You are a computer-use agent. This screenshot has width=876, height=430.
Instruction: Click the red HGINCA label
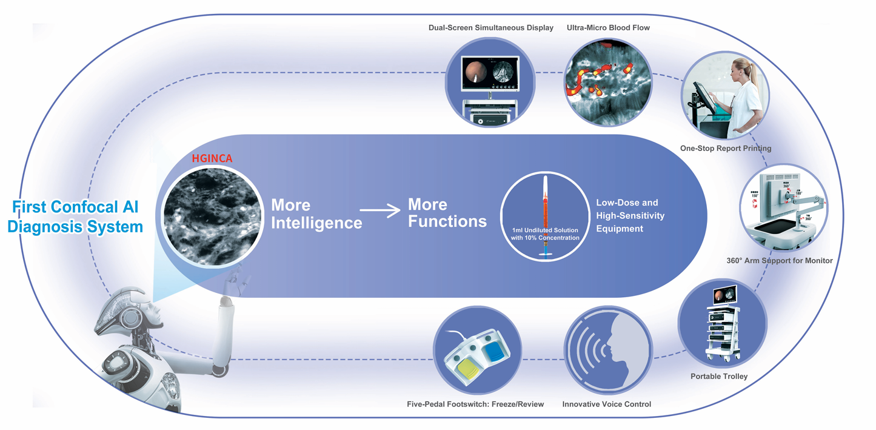(212, 159)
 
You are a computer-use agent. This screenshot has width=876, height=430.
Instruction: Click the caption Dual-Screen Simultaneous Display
(490, 28)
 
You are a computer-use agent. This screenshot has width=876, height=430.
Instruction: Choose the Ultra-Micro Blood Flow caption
(608, 28)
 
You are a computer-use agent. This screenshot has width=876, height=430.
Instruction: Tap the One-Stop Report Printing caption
(726, 149)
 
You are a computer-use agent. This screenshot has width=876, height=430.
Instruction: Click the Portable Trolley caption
(719, 377)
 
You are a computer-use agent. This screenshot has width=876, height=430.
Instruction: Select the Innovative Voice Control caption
(606, 405)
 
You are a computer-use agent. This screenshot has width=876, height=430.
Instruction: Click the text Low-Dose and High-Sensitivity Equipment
(630, 215)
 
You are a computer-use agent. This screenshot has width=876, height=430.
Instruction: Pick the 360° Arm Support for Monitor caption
(780, 261)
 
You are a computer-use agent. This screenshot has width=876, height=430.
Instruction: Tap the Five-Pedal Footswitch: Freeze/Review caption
(475, 405)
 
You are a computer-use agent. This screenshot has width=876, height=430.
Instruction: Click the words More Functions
(447, 212)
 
